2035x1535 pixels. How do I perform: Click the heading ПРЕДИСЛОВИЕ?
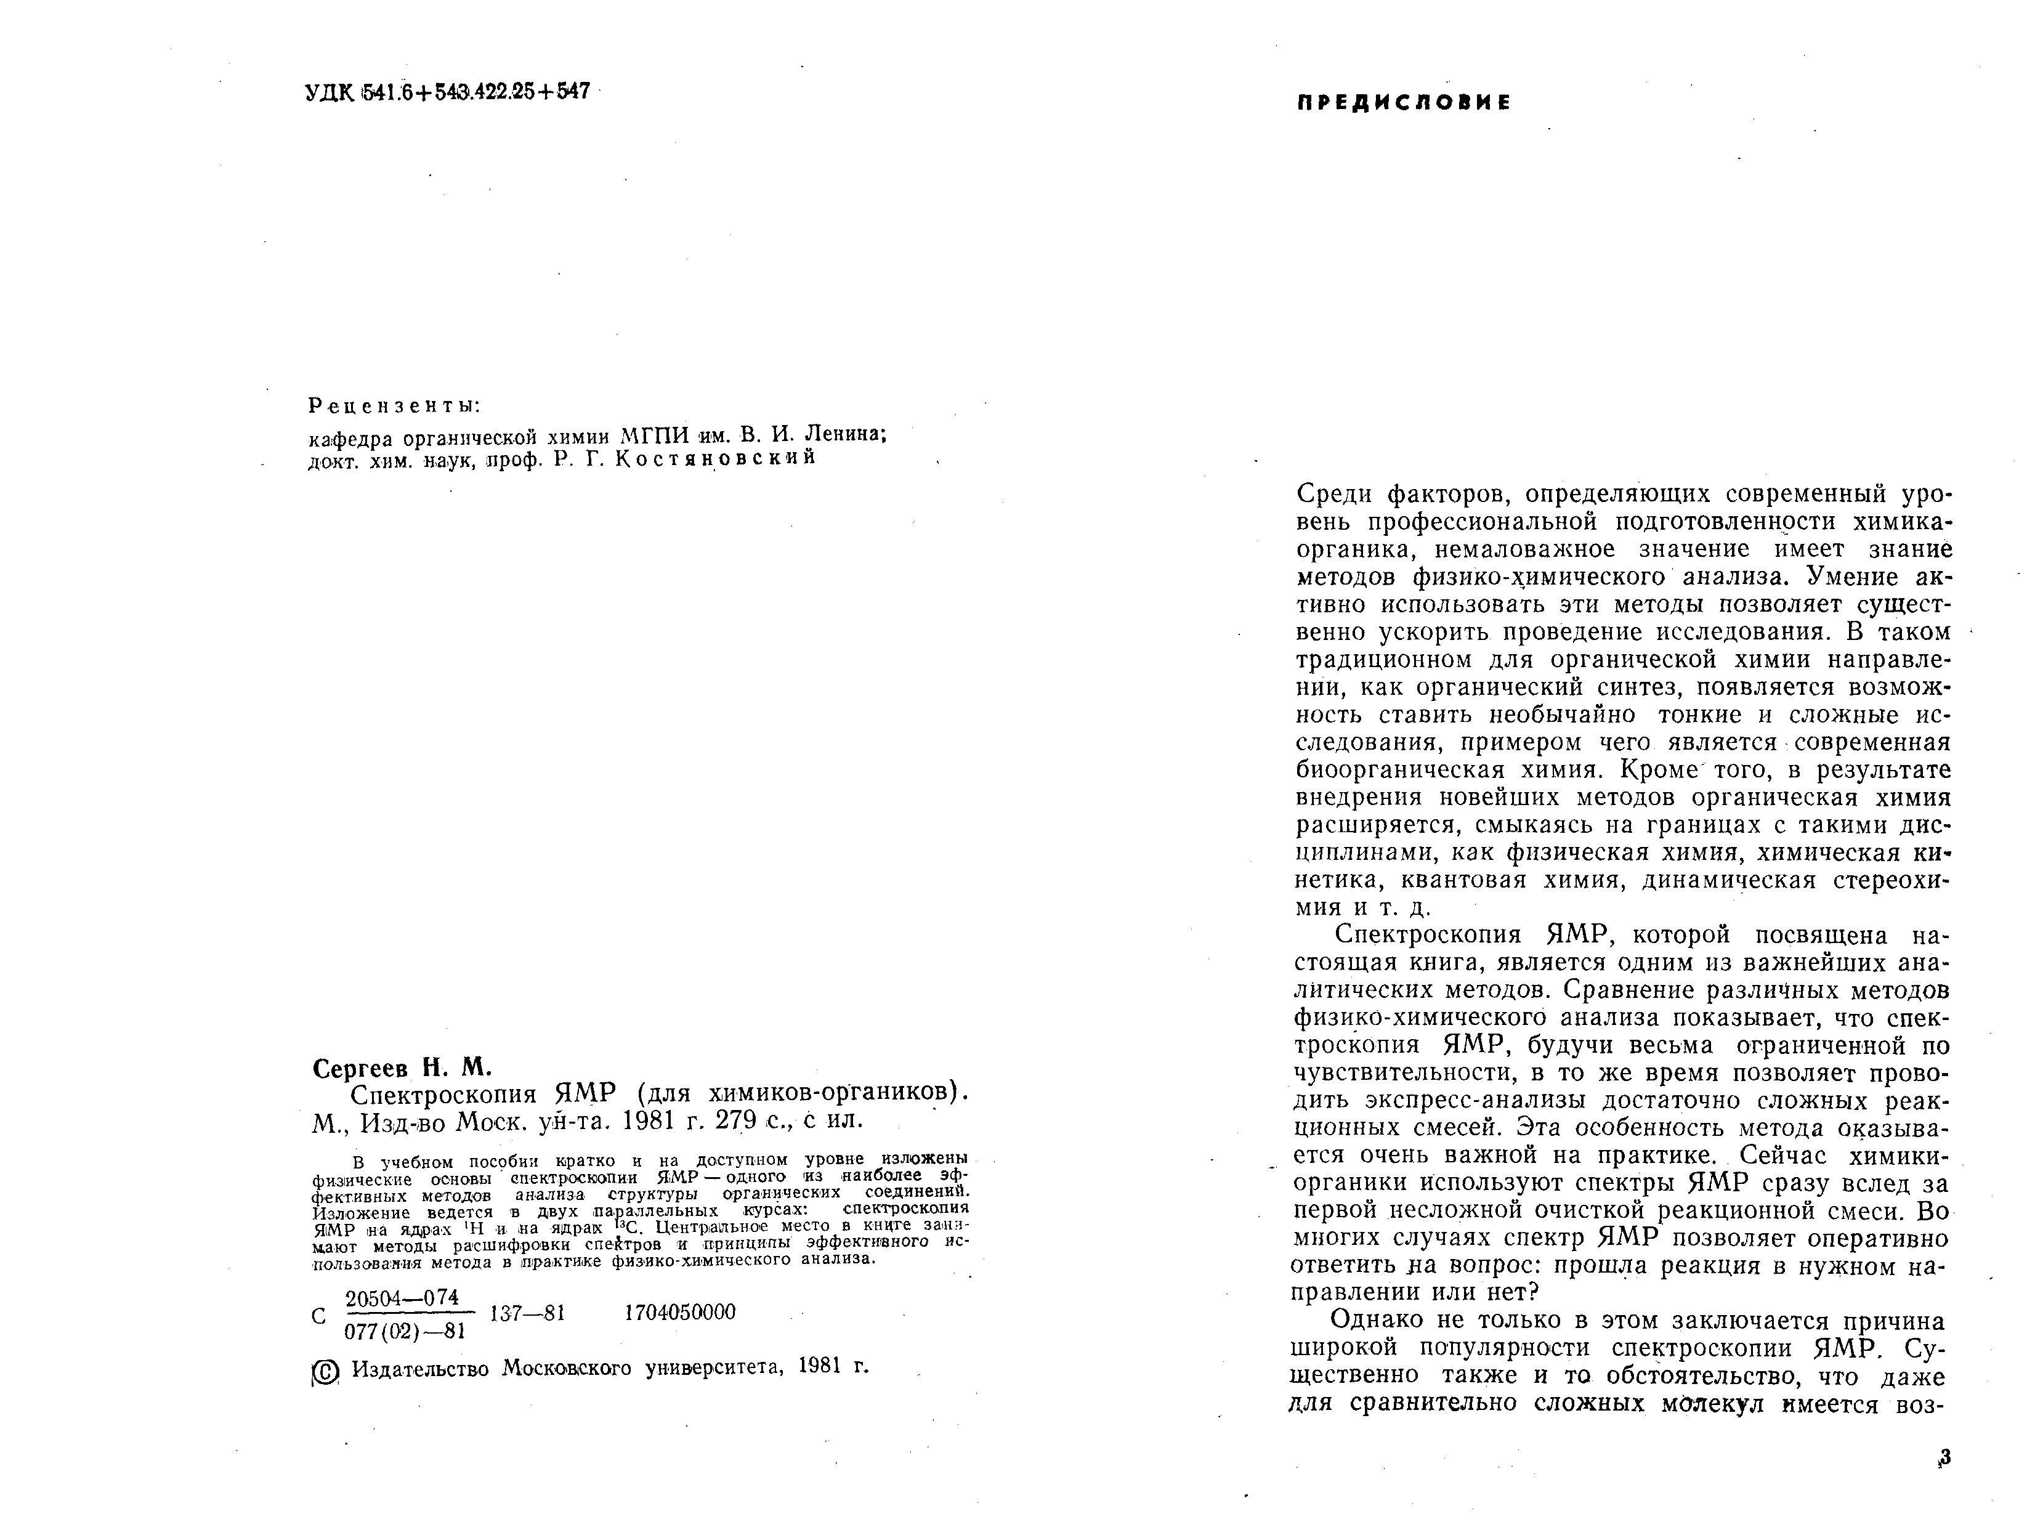coord(1403,103)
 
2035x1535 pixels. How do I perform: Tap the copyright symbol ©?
coord(326,1373)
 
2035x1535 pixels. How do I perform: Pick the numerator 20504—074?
coord(402,1298)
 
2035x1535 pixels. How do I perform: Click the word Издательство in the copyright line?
coord(421,1369)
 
